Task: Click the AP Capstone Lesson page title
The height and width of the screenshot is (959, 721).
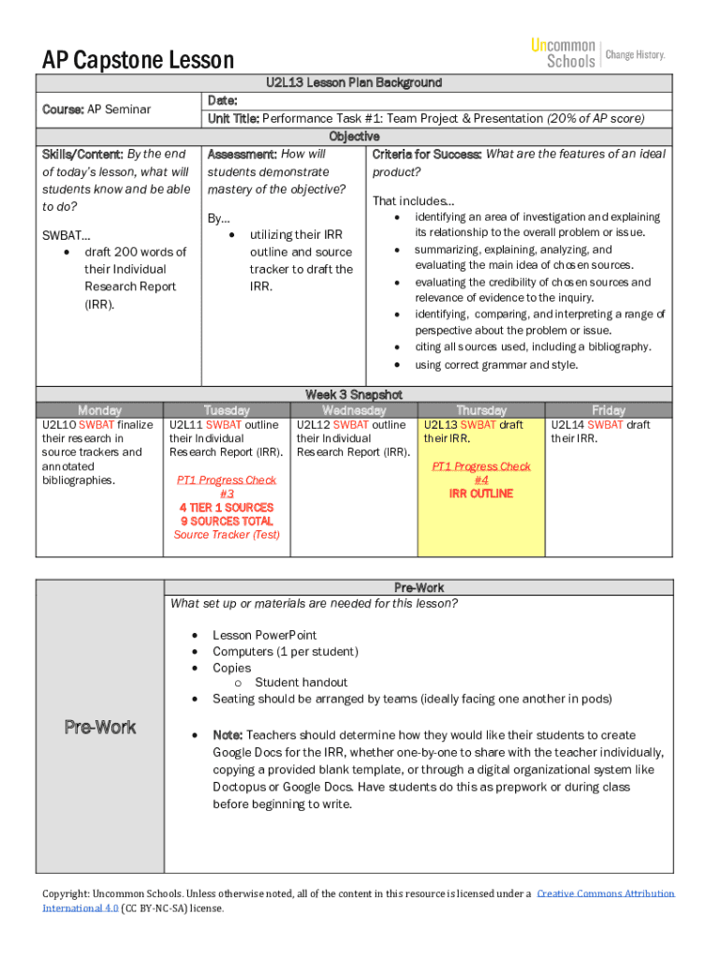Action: [138, 61]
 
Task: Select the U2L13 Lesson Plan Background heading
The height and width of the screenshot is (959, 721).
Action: [353, 83]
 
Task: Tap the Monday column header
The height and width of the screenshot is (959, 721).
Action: [99, 410]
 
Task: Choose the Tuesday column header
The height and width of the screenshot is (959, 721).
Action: [227, 410]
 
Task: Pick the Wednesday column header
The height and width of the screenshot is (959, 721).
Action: [354, 410]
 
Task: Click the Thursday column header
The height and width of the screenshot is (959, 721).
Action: [480, 410]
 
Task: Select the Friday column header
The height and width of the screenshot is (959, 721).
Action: [609, 410]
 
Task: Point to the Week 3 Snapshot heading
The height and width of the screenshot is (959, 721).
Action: [353, 394]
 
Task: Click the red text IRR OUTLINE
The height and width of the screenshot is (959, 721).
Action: [480, 494]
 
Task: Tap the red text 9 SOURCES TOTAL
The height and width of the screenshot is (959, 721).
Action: [227, 521]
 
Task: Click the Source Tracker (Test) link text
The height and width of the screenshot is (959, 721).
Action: [227, 535]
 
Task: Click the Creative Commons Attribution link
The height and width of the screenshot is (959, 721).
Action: [605, 894]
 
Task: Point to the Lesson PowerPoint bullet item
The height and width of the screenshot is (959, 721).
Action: [264, 635]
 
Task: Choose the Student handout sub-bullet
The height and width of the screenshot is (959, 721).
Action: [301, 683]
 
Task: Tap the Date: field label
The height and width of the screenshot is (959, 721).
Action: [222, 101]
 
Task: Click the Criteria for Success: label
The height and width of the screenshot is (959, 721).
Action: [427, 155]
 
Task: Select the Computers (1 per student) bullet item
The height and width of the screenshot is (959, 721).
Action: [285, 652]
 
